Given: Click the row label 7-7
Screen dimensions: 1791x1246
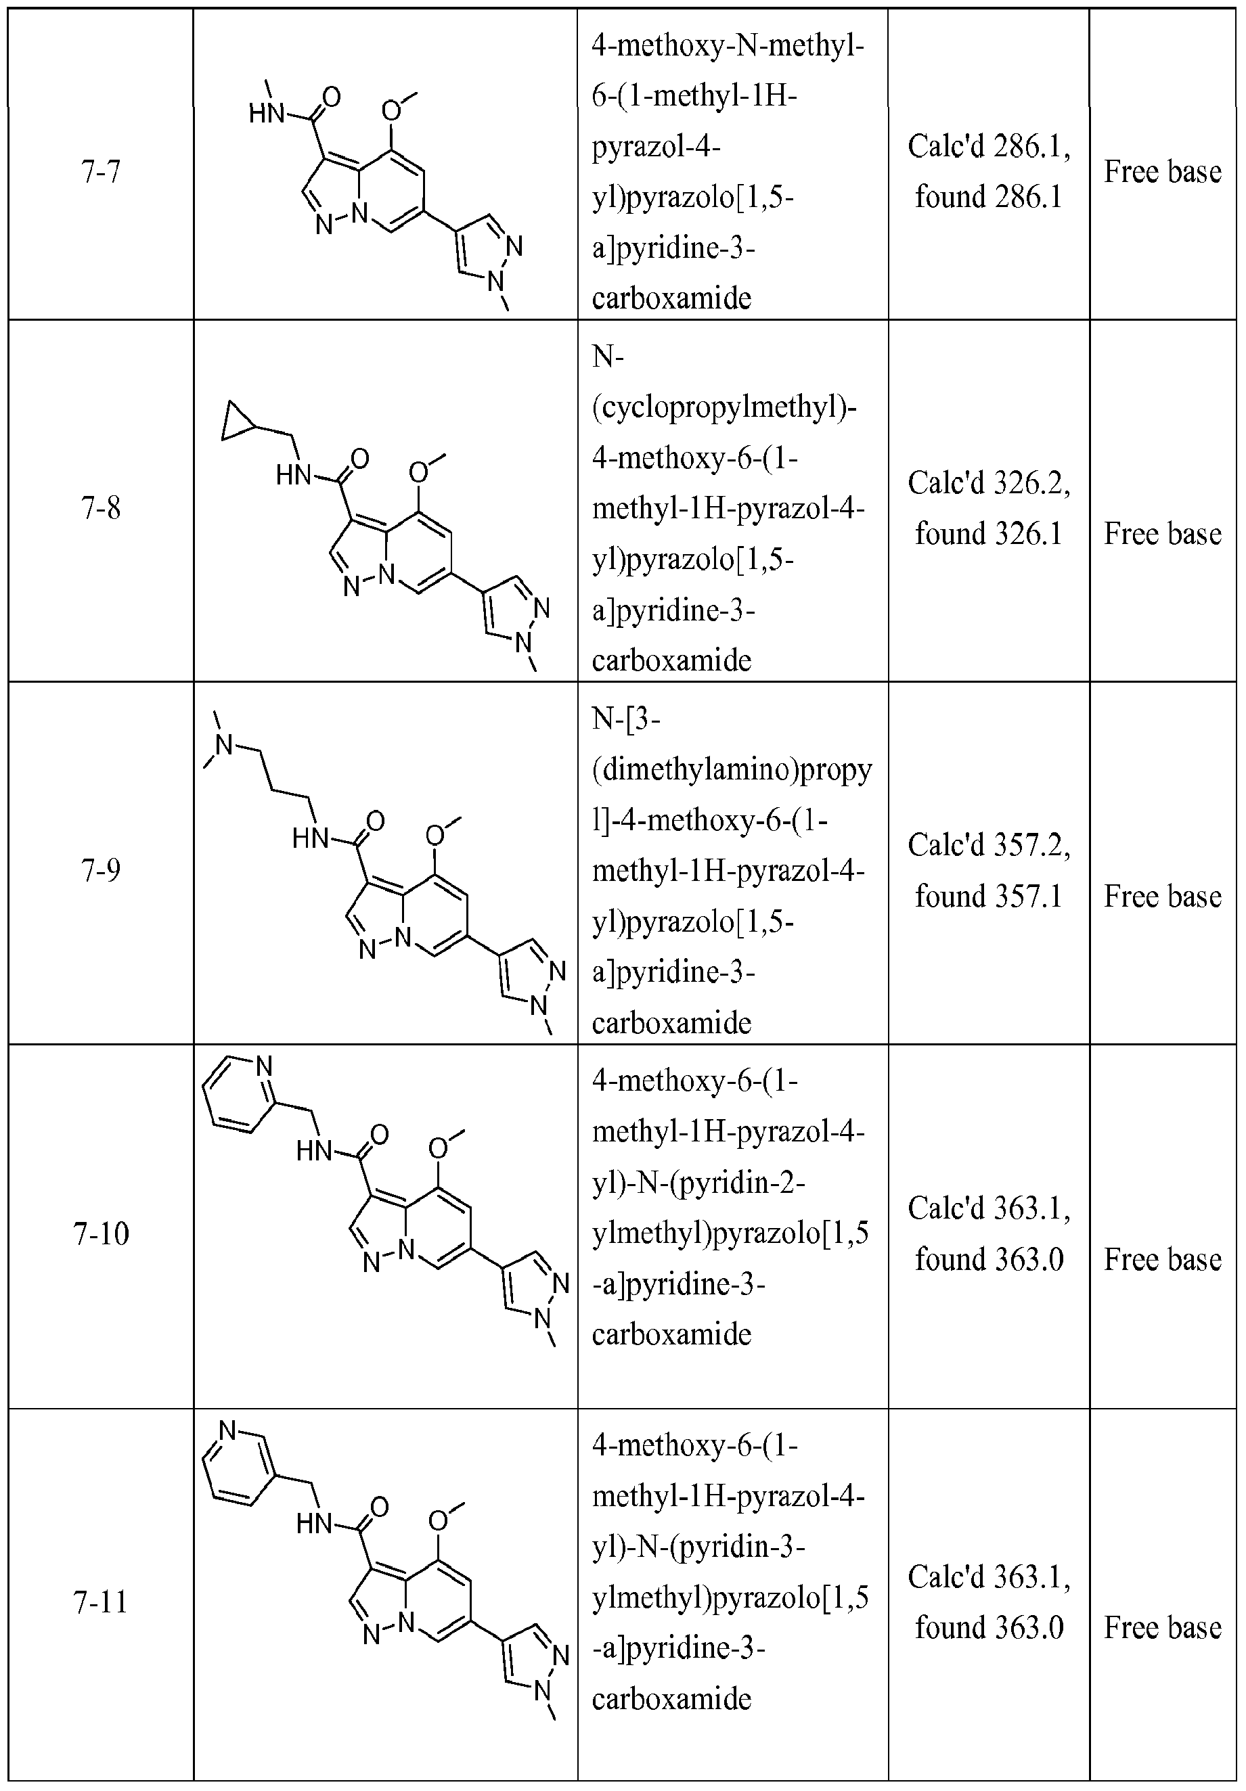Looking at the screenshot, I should [101, 171].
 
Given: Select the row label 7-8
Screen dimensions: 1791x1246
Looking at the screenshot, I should [101, 509].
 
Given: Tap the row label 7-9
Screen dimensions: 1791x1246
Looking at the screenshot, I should [101, 869].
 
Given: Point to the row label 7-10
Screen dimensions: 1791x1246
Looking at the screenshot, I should [101, 1233].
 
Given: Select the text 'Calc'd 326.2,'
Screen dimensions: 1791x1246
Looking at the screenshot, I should [989, 484].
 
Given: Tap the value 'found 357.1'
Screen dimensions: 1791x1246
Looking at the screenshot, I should [989, 897].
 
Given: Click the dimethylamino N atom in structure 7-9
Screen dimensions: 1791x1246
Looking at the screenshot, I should [225, 745].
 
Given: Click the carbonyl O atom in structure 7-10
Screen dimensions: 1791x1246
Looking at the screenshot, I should [379, 1133].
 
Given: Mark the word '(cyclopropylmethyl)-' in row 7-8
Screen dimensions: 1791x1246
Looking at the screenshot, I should [724, 407].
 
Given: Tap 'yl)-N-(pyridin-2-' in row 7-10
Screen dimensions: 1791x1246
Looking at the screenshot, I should [698, 1183].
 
